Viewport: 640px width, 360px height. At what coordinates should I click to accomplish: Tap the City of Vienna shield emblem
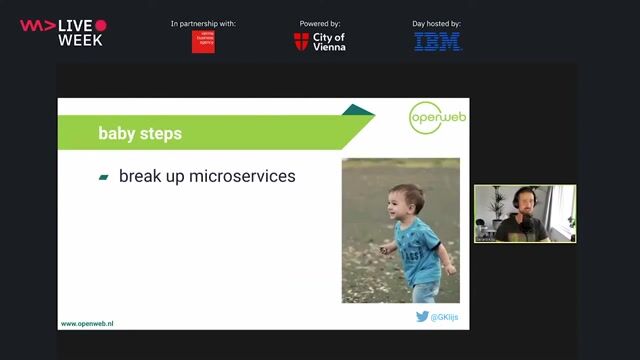[301, 42]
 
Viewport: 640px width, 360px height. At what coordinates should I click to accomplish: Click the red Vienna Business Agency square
[203, 41]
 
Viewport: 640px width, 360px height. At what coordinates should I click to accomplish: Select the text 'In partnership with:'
[203, 23]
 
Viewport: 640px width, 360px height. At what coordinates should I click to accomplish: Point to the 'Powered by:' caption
[320, 23]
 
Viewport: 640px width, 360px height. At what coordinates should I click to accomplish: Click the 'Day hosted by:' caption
[437, 23]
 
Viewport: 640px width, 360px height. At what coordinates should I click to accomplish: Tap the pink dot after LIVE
[100, 25]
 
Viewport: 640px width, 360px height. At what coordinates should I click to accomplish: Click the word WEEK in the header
[80, 40]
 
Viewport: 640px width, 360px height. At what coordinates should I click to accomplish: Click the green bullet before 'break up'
[103, 177]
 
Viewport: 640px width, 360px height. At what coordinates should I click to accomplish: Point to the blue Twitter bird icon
[422, 317]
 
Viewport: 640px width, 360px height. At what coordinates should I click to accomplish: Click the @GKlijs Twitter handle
[445, 317]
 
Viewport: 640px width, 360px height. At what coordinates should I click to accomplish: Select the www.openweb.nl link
[87, 324]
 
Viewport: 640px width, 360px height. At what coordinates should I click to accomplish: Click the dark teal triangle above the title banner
[356, 110]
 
